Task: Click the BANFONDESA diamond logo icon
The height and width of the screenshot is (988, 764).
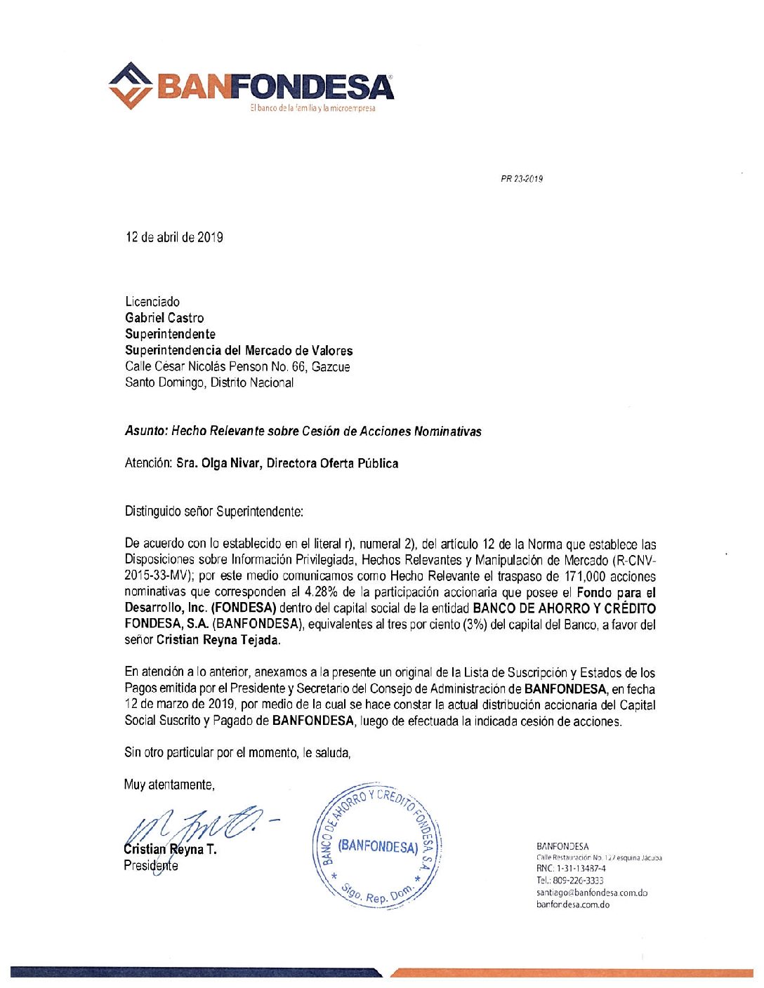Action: click(x=131, y=86)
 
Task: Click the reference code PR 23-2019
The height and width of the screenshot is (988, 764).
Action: click(x=521, y=179)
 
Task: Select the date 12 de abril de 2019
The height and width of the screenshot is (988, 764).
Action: click(x=174, y=237)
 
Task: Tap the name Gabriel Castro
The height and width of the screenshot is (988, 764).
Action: click(x=164, y=318)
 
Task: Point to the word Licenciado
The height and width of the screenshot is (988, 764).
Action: click(x=152, y=302)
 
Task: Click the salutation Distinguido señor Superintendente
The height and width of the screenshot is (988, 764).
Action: click(x=213, y=512)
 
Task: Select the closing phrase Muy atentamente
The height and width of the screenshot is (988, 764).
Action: click(x=169, y=785)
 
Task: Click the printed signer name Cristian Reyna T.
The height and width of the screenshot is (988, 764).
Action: click(x=170, y=849)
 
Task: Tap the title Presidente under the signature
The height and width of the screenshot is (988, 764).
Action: click(x=151, y=865)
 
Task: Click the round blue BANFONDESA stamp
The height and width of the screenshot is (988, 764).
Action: click(x=377, y=846)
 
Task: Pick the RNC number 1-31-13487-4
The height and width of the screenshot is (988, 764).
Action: click(x=571, y=869)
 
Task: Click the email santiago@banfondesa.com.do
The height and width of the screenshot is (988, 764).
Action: click(x=591, y=893)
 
